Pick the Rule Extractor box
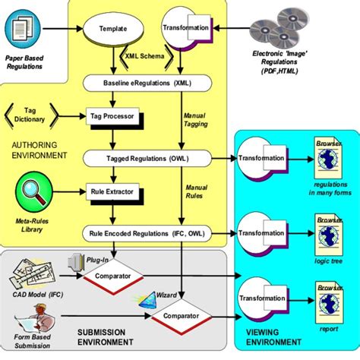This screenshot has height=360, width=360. (x=111, y=191)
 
